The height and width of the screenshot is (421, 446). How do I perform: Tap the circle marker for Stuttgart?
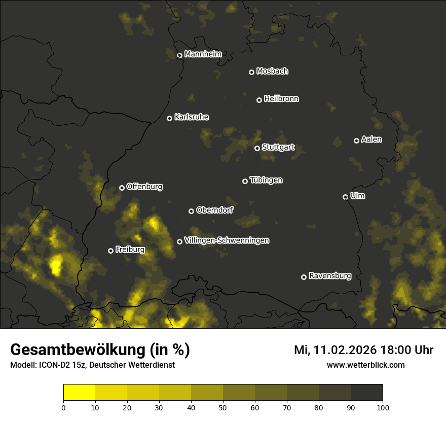click(x=257, y=148)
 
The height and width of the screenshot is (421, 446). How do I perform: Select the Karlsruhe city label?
click(x=192, y=117)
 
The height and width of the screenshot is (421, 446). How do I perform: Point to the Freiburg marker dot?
click(x=110, y=251)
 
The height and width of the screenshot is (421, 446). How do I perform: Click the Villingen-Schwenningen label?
click(x=227, y=240)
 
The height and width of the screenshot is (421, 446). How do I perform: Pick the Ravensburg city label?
click(x=330, y=276)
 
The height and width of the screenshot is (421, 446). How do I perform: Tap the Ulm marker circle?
click(x=345, y=197)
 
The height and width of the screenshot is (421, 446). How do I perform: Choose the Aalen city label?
click(x=371, y=139)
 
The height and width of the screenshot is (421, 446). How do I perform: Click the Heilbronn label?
click(x=281, y=99)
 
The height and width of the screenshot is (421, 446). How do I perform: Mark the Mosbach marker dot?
click(x=251, y=72)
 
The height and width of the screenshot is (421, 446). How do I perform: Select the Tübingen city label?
click(x=266, y=180)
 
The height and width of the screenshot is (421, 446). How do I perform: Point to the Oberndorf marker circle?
click(x=191, y=211)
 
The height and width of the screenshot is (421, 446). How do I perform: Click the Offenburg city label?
click(x=144, y=187)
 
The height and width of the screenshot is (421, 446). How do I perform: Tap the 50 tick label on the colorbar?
click(x=223, y=407)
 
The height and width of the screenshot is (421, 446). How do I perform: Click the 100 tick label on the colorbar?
click(x=383, y=407)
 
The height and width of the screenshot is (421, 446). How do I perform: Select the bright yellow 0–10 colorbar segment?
click(x=79, y=393)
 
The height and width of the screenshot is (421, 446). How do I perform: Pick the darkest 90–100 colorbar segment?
click(x=366, y=393)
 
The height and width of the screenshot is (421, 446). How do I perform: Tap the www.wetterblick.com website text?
click(x=366, y=365)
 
